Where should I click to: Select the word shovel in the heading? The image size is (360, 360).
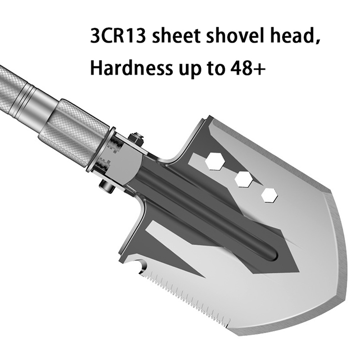(234, 36)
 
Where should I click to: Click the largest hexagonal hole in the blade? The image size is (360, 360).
(215, 162)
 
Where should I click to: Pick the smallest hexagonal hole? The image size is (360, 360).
(270, 195)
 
